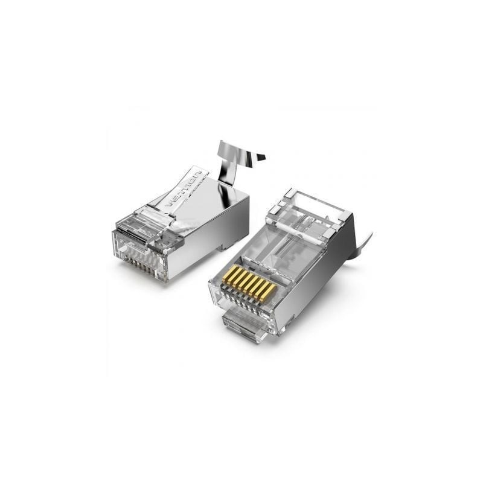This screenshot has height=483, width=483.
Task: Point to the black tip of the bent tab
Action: point(261,158)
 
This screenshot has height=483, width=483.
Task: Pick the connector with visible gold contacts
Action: point(284,266)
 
